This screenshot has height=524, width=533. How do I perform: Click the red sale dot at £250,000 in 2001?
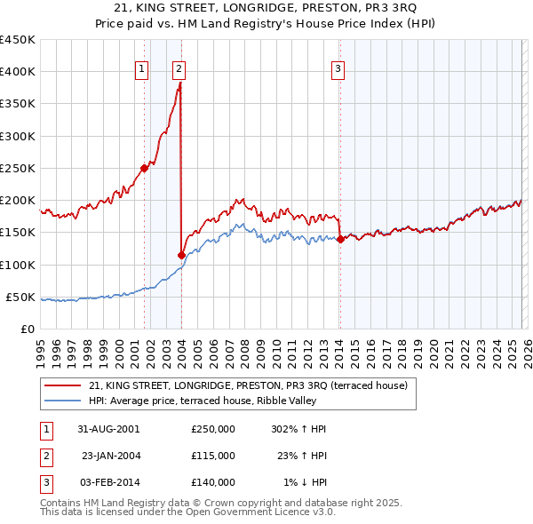click(144, 168)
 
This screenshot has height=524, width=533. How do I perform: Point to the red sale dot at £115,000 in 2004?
click(181, 255)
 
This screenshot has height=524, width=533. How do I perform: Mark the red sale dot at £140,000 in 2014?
click(340, 238)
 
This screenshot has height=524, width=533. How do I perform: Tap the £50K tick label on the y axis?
click(21, 297)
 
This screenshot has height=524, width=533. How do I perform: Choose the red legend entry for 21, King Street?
click(248, 385)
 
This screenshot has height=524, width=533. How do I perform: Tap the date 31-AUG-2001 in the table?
click(108, 428)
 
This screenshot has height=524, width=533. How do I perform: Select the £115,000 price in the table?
click(213, 456)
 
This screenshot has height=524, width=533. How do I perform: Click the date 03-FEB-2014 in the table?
click(108, 482)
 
